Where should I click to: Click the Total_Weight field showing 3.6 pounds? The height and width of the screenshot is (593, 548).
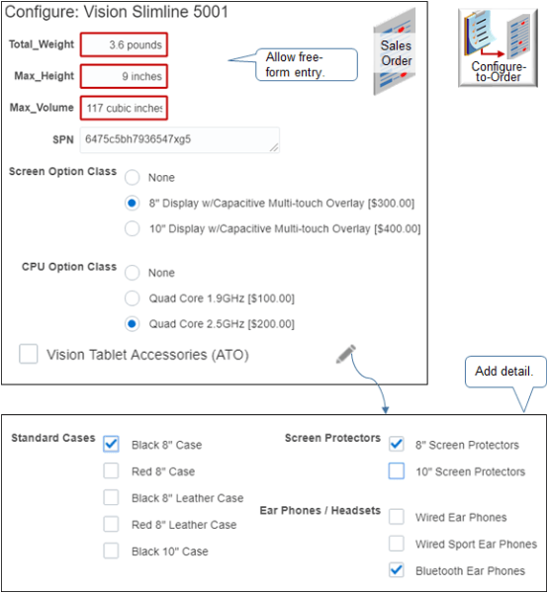pyautogui.click(x=124, y=44)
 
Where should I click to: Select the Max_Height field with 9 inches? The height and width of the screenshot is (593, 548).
pyautogui.click(x=124, y=76)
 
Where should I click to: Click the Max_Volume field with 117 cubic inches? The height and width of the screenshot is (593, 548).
pyautogui.click(x=124, y=107)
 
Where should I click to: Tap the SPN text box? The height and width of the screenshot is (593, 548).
pyautogui.click(x=179, y=139)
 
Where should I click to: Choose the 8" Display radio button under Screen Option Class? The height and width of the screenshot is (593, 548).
pyautogui.click(x=132, y=204)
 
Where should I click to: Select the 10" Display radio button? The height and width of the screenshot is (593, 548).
pyautogui.click(x=132, y=228)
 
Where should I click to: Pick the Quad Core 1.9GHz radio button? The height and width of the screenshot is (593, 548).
pyautogui.click(x=132, y=298)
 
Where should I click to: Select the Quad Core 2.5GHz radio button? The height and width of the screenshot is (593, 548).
pyautogui.click(x=132, y=324)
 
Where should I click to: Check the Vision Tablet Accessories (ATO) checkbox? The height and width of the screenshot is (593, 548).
pyautogui.click(x=30, y=354)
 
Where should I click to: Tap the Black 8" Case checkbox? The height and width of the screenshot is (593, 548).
pyautogui.click(x=112, y=445)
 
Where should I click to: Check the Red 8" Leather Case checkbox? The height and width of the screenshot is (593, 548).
pyautogui.click(x=112, y=525)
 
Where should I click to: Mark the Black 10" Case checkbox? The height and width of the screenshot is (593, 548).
pyautogui.click(x=112, y=551)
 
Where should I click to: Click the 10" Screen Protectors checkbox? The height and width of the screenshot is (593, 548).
pyautogui.click(x=397, y=471)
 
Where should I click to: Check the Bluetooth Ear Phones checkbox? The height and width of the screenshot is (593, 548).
pyautogui.click(x=397, y=570)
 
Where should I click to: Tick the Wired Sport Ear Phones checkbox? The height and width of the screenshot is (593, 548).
pyautogui.click(x=397, y=544)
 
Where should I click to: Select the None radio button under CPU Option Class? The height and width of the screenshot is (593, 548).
pyautogui.click(x=132, y=273)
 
